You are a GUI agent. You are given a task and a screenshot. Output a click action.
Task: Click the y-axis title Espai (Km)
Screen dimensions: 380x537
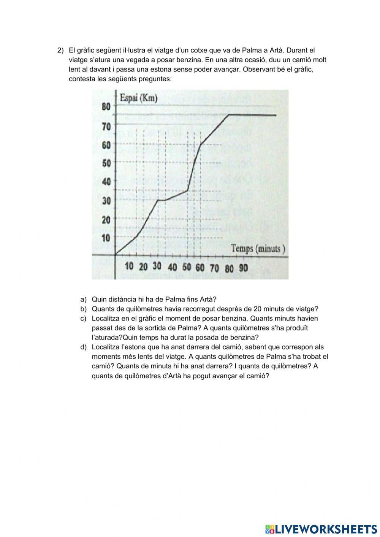pyautogui.click(x=139, y=98)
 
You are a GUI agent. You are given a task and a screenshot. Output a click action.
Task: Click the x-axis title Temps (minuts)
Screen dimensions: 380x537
pyautogui.click(x=258, y=249)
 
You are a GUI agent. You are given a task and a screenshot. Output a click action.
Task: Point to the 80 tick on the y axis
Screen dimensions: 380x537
pyautogui.click(x=106, y=107)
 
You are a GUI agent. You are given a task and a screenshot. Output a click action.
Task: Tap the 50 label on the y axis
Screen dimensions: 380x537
pyautogui.click(x=106, y=163)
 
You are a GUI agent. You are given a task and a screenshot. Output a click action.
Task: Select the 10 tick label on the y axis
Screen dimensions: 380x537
pyautogui.click(x=106, y=238)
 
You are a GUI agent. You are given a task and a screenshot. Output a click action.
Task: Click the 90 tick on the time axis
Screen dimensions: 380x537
pyautogui.click(x=243, y=268)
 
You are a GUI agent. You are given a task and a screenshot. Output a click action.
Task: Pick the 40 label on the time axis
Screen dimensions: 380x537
pyautogui.click(x=172, y=267)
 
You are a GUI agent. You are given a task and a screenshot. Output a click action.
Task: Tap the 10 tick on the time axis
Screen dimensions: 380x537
pyautogui.click(x=129, y=266)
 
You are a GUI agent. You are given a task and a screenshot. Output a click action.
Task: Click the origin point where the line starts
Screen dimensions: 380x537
pyautogui.click(x=116, y=254)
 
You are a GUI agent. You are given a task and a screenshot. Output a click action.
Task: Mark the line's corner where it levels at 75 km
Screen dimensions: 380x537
pyautogui.click(x=228, y=115)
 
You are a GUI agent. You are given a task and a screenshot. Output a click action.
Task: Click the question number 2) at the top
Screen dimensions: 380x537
pyautogui.click(x=60, y=50)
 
